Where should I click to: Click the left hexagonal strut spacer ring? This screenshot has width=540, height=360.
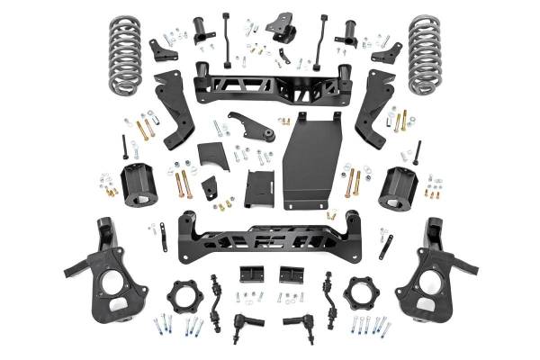(x=184, y=296)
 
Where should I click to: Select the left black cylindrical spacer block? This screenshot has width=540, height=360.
(x=139, y=185)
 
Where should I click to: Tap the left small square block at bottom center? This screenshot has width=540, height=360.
(x=250, y=274)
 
